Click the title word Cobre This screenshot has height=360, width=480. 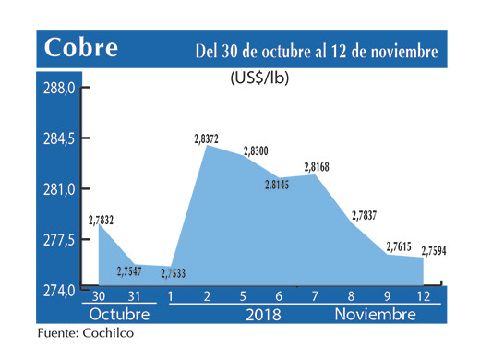click(x=80, y=48)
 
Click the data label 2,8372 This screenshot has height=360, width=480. click(x=206, y=138)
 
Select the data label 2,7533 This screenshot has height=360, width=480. click(x=173, y=274)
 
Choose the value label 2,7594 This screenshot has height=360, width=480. click(x=435, y=250)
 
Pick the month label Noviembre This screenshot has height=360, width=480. click(x=375, y=315)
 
